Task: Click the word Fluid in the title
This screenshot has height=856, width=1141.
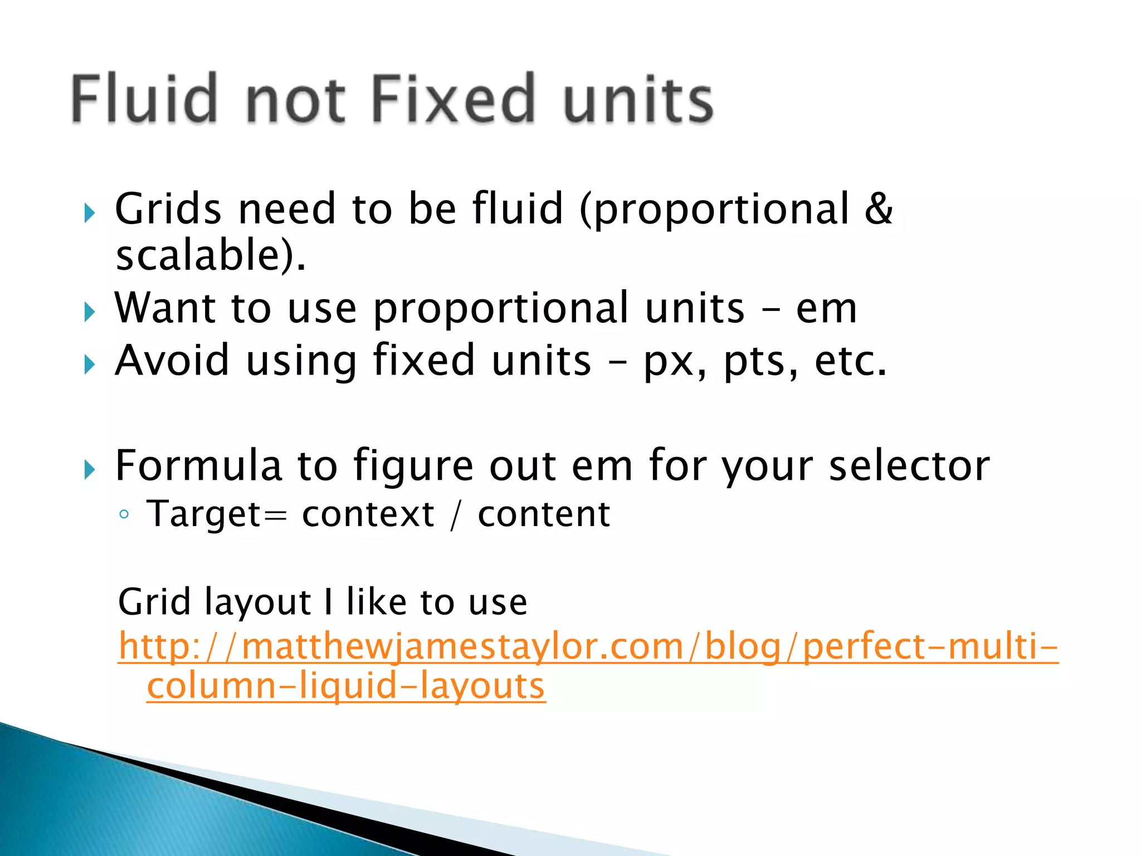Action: click(x=144, y=99)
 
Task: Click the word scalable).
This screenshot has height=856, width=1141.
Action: click(x=211, y=255)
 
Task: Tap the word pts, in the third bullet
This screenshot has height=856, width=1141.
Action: click(x=761, y=362)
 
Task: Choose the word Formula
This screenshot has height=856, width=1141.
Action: click(x=198, y=465)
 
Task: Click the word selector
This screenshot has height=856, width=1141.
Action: click(x=909, y=465)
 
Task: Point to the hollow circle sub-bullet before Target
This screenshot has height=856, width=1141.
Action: click(x=124, y=514)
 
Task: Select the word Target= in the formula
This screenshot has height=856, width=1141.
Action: click(x=217, y=514)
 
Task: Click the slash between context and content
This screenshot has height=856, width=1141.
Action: click(x=456, y=514)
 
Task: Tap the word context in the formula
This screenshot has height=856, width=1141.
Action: click(x=368, y=514)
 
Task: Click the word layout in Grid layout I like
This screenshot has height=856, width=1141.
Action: click(x=258, y=602)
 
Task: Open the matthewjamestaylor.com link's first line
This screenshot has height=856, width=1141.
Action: click(x=588, y=647)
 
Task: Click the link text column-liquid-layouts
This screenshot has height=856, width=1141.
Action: click(x=346, y=685)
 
